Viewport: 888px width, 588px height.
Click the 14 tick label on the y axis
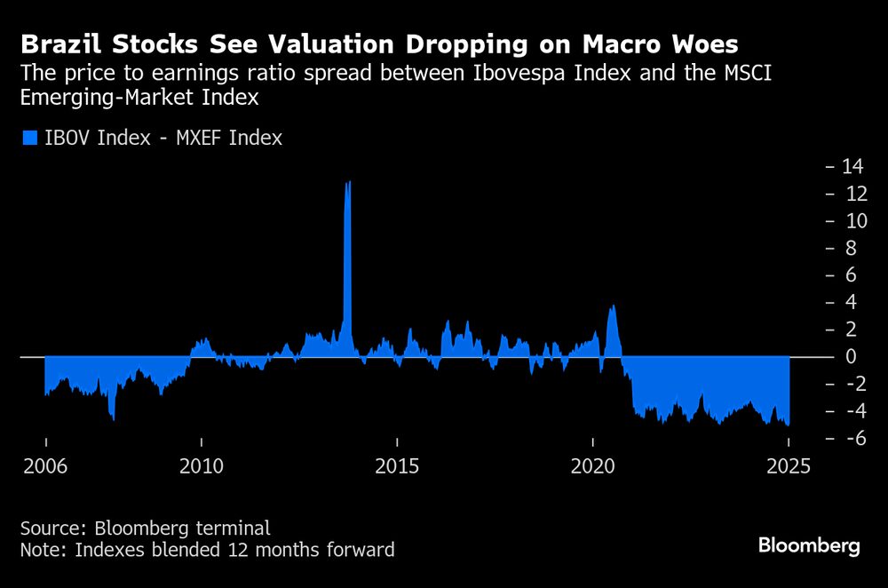[x=852, y=166]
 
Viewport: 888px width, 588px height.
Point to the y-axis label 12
[x=852, y=194]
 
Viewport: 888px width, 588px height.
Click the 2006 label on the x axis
[x=44, y=467]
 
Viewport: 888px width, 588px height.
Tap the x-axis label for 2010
[x=202, y=467]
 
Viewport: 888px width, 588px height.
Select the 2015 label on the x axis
[x=398, y=467]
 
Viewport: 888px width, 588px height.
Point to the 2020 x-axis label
[x=593, y=467]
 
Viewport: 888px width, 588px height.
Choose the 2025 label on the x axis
[x=789, y=467]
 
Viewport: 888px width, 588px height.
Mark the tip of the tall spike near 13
[x=349, y=181]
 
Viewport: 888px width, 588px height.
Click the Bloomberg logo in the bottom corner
[x=809, y=545]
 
